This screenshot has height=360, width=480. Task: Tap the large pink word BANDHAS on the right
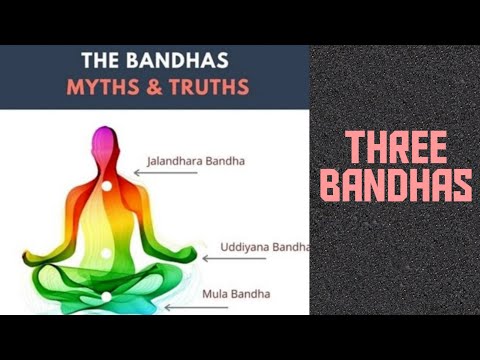click(x=395, y=186)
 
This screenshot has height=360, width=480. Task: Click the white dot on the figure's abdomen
click(x=106, y=253)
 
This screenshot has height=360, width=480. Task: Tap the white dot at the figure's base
click(x=106, y=297)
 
